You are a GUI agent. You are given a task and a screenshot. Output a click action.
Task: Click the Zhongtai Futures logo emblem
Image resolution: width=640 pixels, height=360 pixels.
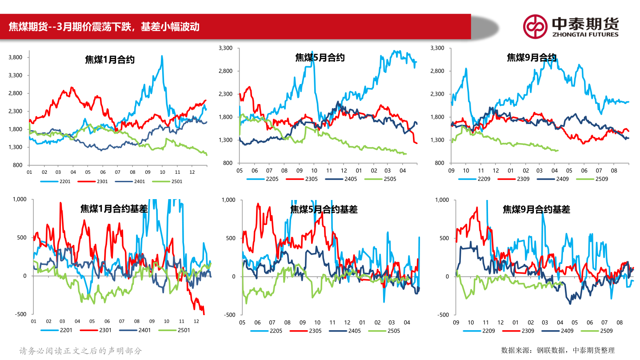pos(535,27)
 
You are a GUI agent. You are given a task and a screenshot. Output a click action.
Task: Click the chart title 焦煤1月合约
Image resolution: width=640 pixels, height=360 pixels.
pos(110,60)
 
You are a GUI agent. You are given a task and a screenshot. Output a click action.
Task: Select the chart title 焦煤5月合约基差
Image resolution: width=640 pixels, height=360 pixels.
pos(324,209)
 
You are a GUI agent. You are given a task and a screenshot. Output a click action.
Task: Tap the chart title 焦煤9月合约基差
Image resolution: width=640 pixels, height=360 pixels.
pos(536,209)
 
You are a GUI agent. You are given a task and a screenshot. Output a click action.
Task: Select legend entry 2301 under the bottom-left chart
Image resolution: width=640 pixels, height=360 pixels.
pos(105,330)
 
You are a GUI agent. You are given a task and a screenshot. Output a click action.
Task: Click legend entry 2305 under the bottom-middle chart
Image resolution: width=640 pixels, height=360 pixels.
pos(315,331)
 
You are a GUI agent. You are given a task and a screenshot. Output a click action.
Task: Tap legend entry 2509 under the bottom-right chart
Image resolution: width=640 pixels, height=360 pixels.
pos(606,331)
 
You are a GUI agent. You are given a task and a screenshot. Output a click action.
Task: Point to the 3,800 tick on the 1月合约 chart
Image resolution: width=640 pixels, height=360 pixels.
pos(16,57)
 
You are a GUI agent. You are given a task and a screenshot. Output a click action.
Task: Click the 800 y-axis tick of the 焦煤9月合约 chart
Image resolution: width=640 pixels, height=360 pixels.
pos(440,163)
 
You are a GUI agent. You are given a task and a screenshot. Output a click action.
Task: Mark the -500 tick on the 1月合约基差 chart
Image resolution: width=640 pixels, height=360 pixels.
pos(20,314)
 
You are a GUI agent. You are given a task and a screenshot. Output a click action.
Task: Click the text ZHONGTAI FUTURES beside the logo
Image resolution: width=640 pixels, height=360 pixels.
pos(585,34)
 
